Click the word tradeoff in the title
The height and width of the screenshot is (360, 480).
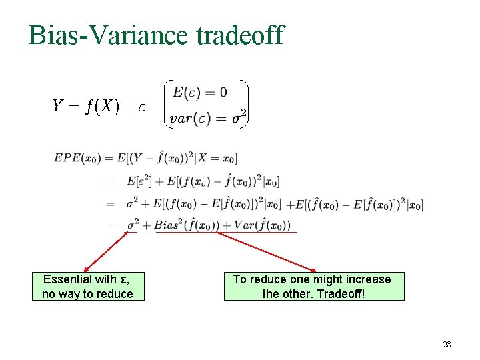[240, 35]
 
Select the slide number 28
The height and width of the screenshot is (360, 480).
[447, 345]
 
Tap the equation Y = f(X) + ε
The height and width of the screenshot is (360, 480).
[99, 105]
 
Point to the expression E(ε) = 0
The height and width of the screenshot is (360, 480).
[199, 92]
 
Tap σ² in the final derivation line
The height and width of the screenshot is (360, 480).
[133, 225]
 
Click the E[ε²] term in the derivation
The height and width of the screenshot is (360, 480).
[143, 181]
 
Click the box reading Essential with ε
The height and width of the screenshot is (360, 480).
[87, 287]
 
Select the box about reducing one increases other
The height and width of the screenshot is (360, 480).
[313, 287]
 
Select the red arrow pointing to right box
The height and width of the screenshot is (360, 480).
[267, 251]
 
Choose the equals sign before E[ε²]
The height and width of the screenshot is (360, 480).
[110, 181]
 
